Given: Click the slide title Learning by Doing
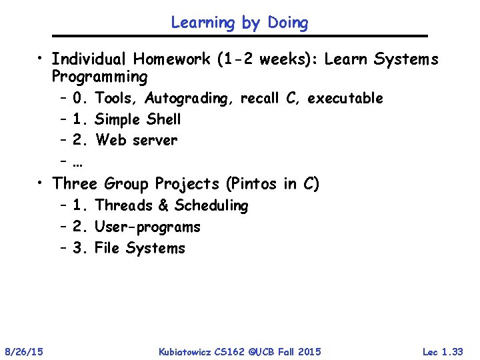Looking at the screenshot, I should pos(239,23).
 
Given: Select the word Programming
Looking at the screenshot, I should pos(99,77).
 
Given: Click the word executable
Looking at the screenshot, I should pos(345,99).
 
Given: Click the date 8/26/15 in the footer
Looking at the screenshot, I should pos(24,351).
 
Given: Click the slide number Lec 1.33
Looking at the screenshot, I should pos(443,351).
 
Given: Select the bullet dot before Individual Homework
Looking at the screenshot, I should pos(41,60).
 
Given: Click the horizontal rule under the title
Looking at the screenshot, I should pos(239,36).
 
